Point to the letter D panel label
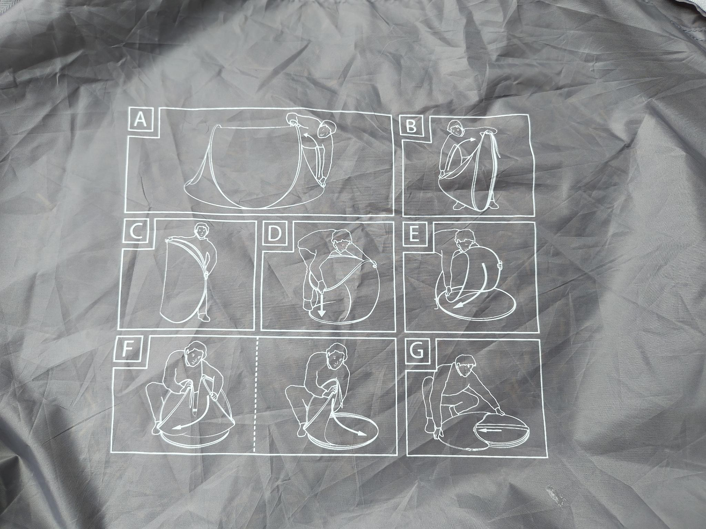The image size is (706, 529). pyautogui.click(x=275, y=234)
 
